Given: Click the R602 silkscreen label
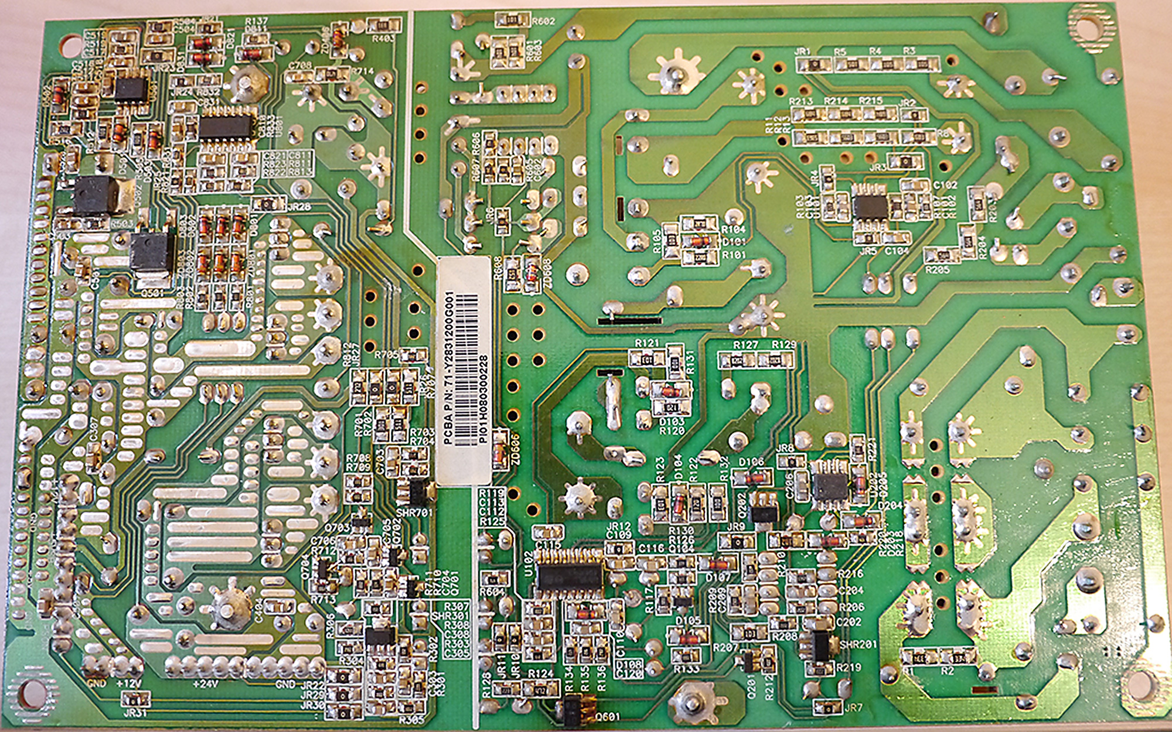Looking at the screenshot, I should coord(543,22).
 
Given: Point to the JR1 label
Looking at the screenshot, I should coord(802,52).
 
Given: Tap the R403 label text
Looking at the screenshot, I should coord(383,39).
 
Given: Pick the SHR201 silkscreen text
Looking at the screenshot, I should coord(858,644).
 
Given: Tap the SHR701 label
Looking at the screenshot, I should coord(414,512).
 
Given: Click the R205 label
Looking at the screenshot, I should coord(938,270).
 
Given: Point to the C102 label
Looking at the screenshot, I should coord(945,185).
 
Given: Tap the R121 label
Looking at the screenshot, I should coord(647,343).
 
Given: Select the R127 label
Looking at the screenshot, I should coord(746,345).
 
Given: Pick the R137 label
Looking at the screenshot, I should coord(256,21).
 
